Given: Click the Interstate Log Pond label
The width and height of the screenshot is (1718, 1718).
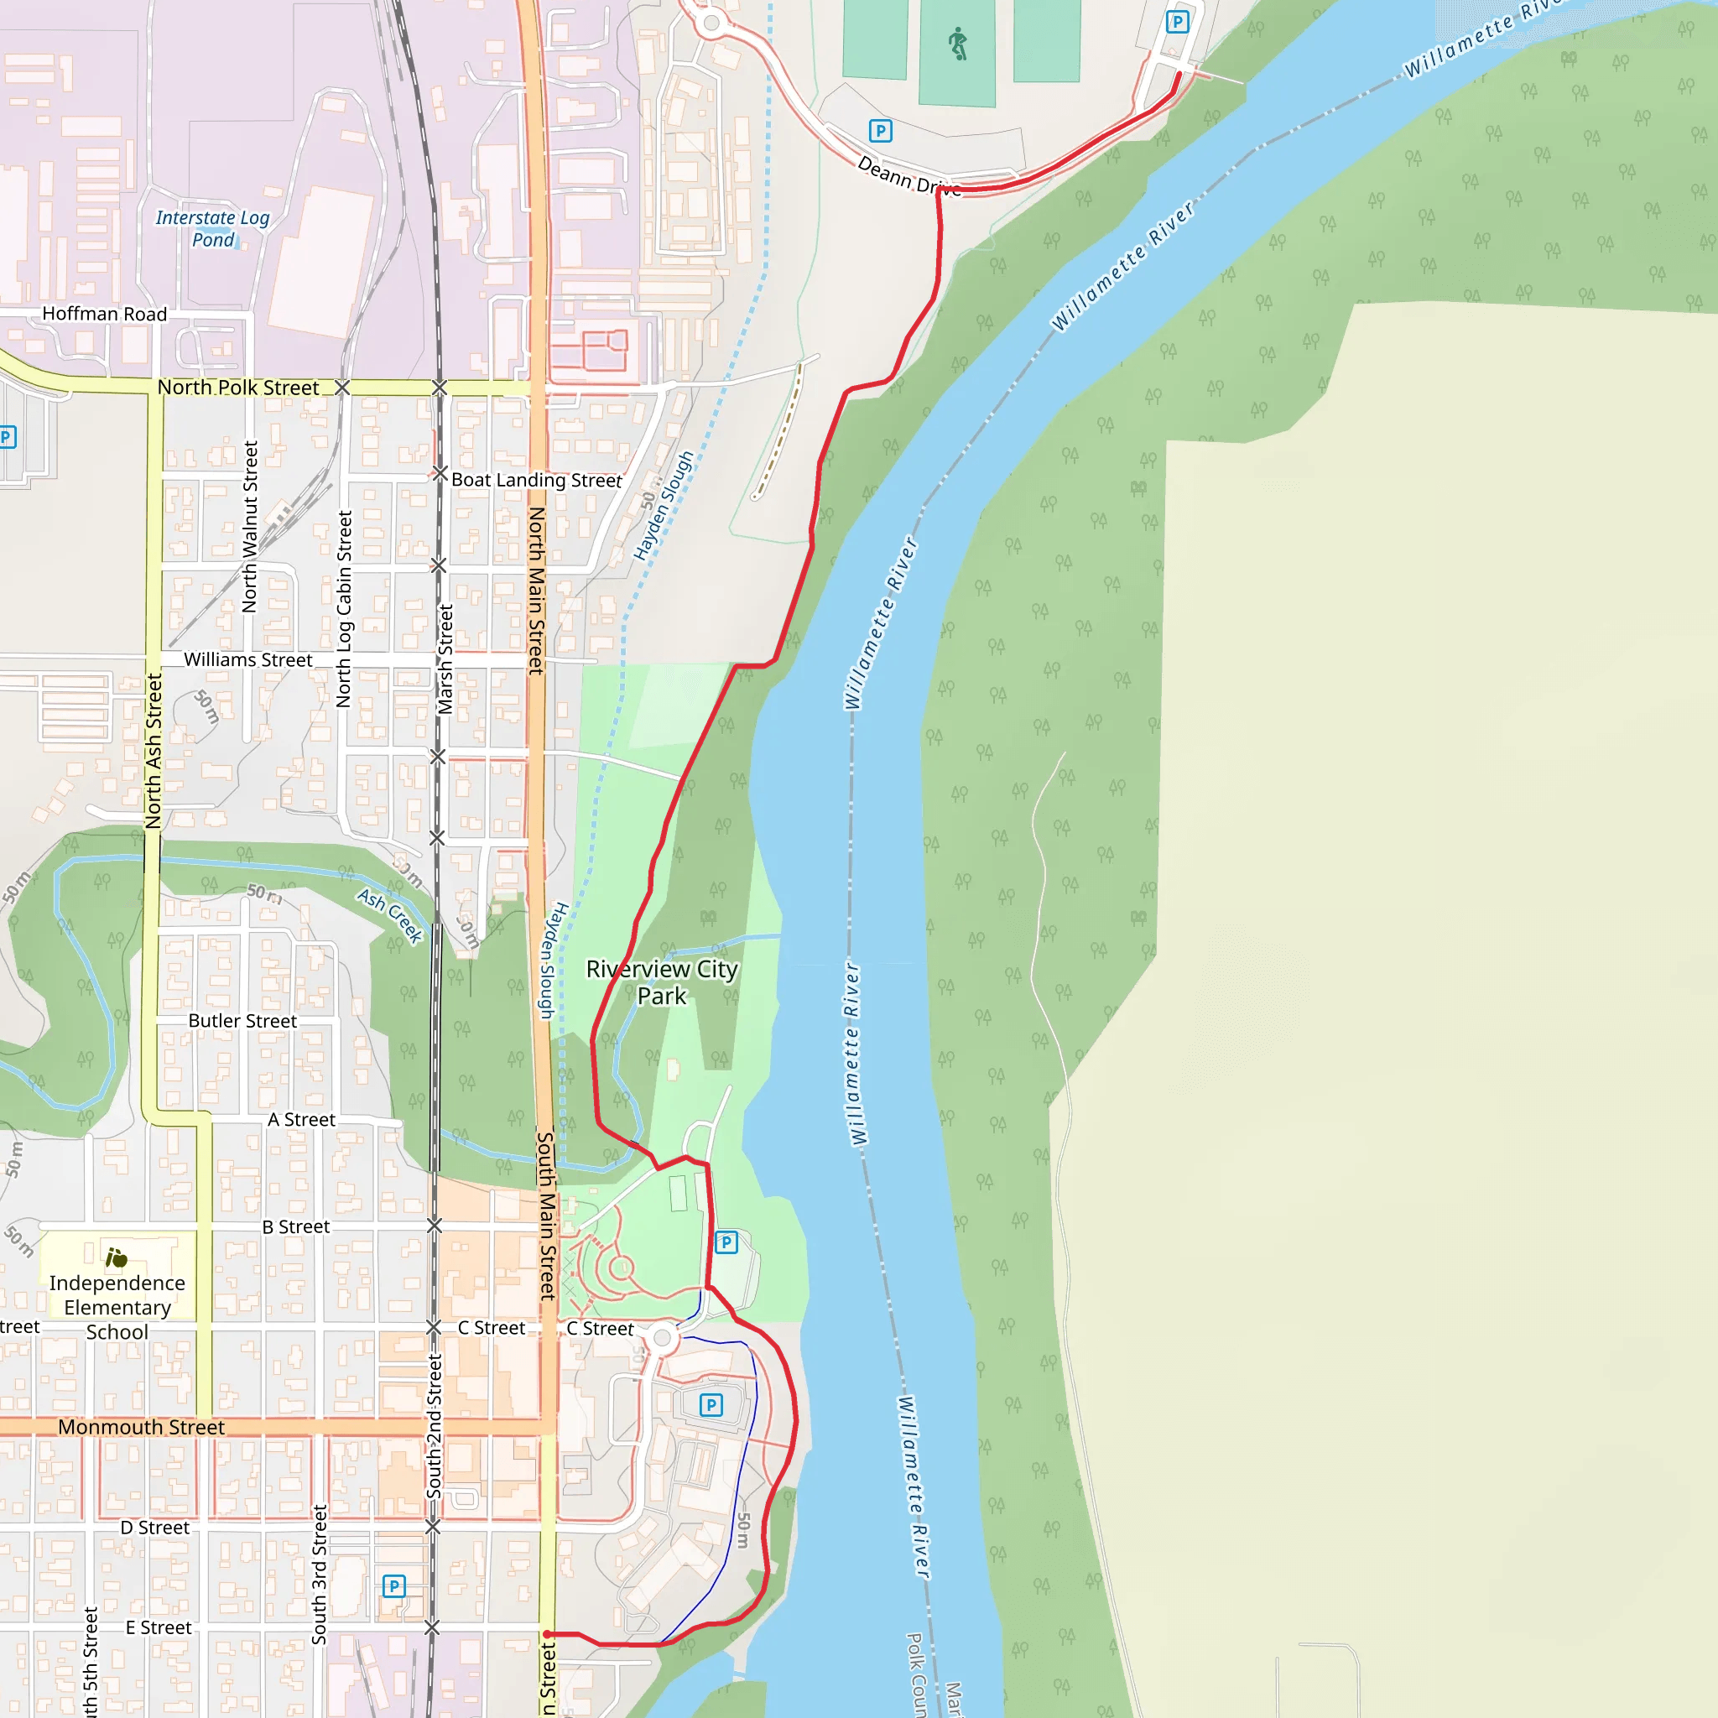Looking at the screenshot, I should click(x=212, y=228).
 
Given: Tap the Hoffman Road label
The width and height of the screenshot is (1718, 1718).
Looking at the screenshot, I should click(x=105, y=314).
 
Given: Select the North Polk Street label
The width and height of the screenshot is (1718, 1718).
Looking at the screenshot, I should click(x=237, y=388).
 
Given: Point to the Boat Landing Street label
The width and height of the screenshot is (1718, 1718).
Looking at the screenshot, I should click(x=536, y=480).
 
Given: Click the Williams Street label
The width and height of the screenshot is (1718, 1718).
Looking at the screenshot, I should click(x=248, y=660).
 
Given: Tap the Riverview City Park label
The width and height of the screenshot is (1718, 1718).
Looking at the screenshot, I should click(x=662, y=981).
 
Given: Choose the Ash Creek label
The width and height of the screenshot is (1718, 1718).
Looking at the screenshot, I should click(x=389, y=915).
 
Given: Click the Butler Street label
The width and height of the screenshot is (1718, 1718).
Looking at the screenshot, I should click(x=242, y=1021).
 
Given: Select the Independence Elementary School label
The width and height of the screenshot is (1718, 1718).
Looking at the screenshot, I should click(x=117, y=1307).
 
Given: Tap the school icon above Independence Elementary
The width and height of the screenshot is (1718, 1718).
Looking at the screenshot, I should click(x=117, y=1258).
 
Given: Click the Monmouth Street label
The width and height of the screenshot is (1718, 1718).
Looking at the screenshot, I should click(x=142, y=1427).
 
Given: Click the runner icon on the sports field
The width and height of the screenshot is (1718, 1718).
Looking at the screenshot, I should click(x=958, y=44).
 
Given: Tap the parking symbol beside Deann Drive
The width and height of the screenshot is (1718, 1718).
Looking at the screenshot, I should click(x=880, y=132).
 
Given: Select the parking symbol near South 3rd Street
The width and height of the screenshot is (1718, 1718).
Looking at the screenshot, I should click(x=394, y=1585).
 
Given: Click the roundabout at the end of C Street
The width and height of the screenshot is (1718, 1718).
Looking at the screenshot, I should click(x=662, y=1337).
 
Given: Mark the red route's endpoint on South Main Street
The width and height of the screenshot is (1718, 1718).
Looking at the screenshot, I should click(x=548, y=1634).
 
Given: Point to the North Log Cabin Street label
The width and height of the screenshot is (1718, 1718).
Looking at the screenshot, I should click(x=344, y=608).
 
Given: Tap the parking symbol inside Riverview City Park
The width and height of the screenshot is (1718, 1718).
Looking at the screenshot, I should click(x=726, y=1242).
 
